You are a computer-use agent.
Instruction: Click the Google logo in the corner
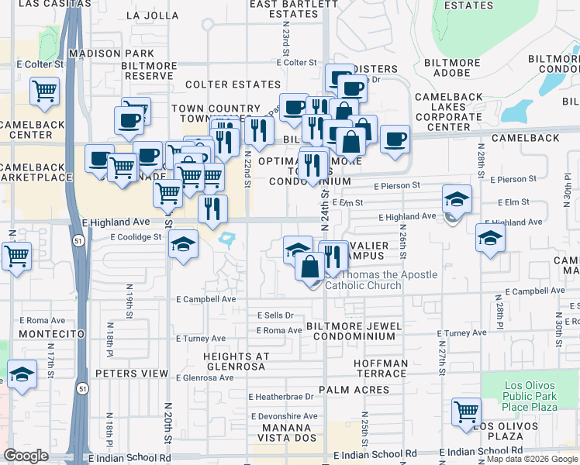click(26, 456)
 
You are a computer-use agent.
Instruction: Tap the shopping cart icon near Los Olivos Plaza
click(466, 411)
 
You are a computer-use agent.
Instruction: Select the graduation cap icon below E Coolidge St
click(183, 245)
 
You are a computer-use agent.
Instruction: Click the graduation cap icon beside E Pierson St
click(457, 198)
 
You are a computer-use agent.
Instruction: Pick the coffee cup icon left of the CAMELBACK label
click(395, 139)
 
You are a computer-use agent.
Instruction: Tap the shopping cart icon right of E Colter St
click(44, 91)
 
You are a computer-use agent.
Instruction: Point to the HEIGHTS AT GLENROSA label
click(236, 362)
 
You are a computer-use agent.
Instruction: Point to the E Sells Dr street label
click(275, 315)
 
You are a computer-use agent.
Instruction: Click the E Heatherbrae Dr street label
click(281, 397)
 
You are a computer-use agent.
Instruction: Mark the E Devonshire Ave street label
click(283, 416)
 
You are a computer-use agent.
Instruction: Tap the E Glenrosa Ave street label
click(205, 378)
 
